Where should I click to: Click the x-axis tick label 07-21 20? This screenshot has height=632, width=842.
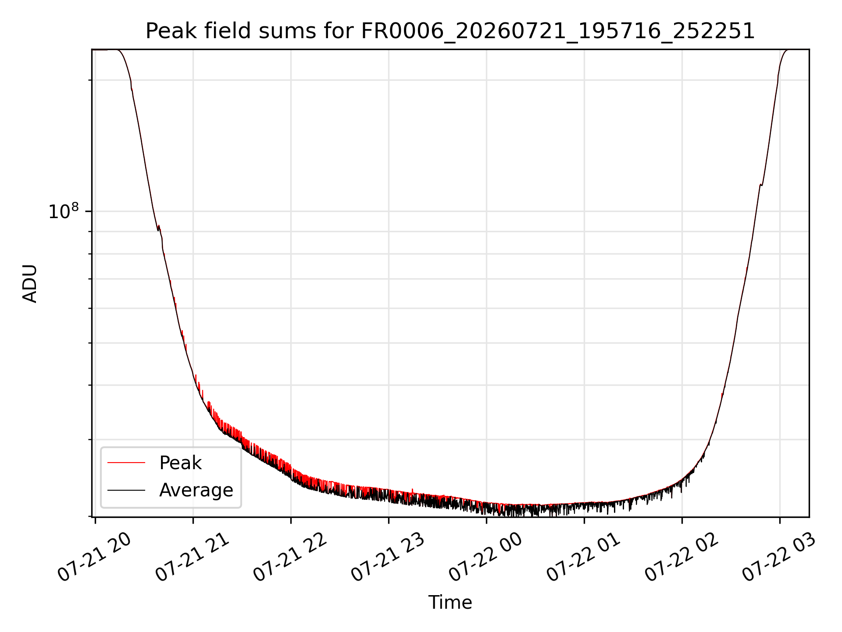tap(95, 557)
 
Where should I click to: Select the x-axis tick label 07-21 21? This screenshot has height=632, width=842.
tap(193, 557)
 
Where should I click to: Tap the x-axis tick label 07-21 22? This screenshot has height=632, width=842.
tap(290, 557)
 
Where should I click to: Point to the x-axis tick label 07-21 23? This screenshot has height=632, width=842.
tap(388, 557)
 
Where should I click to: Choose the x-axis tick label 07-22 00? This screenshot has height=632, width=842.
tap(486, 557)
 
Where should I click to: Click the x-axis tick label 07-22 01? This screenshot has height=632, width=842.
tap(584, 557)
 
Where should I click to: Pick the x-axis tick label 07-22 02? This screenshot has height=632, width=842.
tap(681, 557)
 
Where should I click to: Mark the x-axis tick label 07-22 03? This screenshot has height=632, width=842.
tap(779, 557)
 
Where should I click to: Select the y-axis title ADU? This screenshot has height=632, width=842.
tap(30, 284)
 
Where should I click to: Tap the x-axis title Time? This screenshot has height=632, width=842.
tap(450, 603)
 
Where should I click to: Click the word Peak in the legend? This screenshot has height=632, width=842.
tap(180, 463)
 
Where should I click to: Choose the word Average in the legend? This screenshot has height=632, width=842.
tap(196, 490)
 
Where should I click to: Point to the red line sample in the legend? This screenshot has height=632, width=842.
tap(126, 463)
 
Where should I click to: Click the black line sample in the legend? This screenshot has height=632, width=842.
tap(126, 490)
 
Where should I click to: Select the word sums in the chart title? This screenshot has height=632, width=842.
tap(288, 31)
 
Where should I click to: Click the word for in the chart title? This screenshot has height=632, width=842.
tap(339, 31)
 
